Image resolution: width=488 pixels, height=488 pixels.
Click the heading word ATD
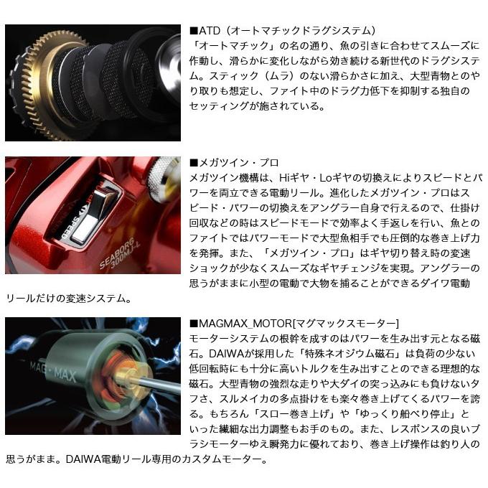click(207, 31)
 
